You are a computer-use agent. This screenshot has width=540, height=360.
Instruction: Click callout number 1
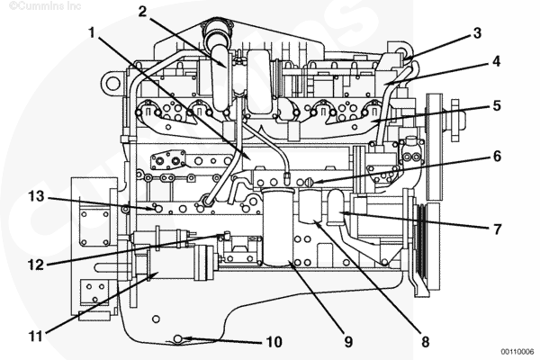[92, 32]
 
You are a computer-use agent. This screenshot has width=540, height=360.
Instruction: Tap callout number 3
[477, 32]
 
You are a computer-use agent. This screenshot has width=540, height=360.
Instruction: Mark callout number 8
[426, 341]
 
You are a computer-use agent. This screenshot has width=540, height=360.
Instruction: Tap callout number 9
[348, 341]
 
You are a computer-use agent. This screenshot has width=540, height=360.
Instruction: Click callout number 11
[36, 337]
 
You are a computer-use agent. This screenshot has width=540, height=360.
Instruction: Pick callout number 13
[36, 195]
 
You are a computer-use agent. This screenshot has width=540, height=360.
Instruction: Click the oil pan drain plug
[178, 337]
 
